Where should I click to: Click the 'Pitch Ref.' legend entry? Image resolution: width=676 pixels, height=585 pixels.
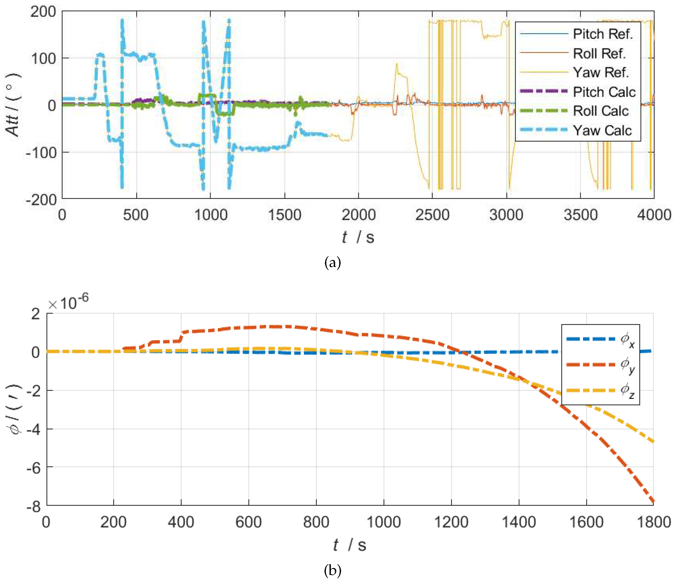pyautogui.click(x=602, y=34)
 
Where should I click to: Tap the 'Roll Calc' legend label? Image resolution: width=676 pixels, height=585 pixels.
pyautogui.click(x=600, y=111)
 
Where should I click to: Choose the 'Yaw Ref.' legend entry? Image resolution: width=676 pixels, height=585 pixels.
pyautogui.click(x=600, y=72)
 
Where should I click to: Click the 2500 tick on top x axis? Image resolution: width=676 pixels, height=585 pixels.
pyautogui.click(x=432, y=215)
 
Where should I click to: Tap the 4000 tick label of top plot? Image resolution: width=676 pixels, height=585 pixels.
pyautogui.click(x=654, y=215)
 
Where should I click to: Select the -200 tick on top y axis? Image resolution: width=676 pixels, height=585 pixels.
pyautogui.click(x=41, y=199)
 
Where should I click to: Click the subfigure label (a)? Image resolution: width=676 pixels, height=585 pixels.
pyautogui.click(x=333, y=262)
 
